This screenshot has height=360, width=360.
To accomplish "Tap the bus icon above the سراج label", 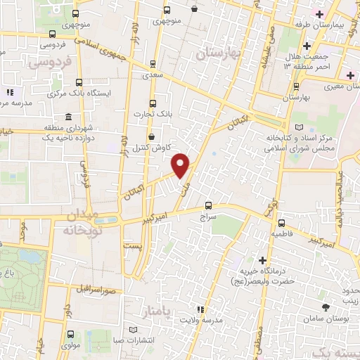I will point(207,206).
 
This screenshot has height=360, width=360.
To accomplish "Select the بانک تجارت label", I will point(171,112).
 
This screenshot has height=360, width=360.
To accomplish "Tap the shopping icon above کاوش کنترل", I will point(152,137).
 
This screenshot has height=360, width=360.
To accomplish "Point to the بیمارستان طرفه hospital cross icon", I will point(320,14).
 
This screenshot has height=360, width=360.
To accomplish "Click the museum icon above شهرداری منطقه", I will point(67,117).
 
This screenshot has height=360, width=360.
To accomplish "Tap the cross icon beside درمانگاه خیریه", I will point(263,261).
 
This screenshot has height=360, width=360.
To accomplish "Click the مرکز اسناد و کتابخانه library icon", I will point(300,127).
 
